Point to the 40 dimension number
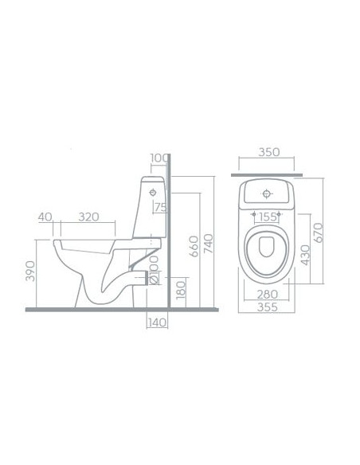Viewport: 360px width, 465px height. tap(44, 216)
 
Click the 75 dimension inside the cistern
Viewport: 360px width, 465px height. tap(159, 209)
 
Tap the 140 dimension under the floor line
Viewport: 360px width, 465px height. tap(158, 322)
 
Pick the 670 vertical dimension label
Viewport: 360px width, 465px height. tap(318, 232)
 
